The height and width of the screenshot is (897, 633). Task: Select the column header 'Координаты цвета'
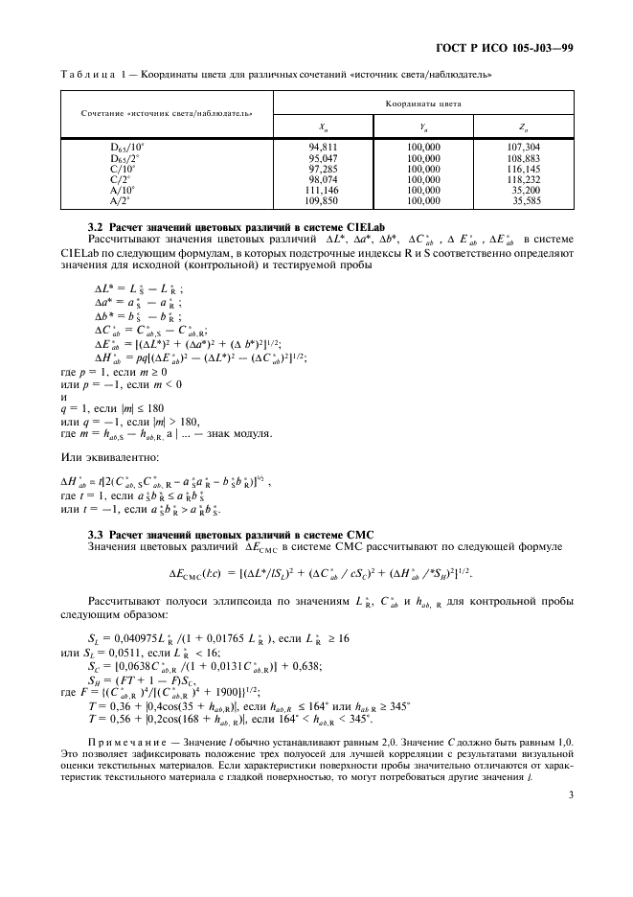tap(423, 101)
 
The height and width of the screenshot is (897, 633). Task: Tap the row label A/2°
tap(120, 201)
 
